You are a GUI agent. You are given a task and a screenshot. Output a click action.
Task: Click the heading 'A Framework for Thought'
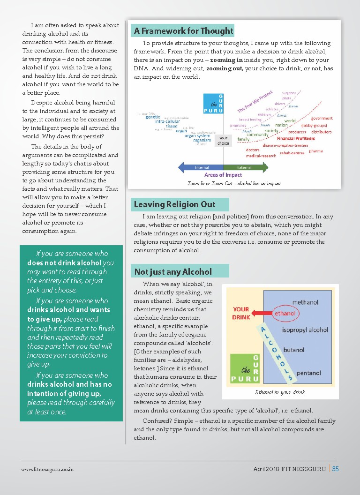(x=183, y=31)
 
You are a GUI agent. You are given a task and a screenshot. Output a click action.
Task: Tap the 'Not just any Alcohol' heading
(x=173, y=272)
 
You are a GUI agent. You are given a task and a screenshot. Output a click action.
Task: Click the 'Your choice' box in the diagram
(x=224, y=141)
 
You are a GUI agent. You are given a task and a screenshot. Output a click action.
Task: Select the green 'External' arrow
(x=246, y=167)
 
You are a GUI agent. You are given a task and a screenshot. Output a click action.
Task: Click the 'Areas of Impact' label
(x=223, y=175)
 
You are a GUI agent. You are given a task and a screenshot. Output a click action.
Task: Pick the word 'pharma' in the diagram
(x=315, y=151)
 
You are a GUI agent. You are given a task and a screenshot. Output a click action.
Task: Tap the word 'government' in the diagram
(x=322, y=118)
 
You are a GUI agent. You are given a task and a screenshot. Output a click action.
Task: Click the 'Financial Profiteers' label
(x=296, y=139)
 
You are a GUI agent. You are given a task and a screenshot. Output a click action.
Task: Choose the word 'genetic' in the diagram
(x=153, y=117)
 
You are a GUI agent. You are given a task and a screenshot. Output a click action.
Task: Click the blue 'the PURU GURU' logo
(x=213, y=104)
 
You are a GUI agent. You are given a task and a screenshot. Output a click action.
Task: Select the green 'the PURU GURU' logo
(x=245, y=369)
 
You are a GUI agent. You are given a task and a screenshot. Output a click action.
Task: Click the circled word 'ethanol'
(x=285, y=313)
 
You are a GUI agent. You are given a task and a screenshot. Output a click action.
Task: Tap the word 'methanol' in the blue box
(x=305, y=302)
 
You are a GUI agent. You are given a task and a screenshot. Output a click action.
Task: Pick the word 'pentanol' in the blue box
(x=309, y=373)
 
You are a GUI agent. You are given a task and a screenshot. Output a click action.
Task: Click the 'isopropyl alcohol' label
(x=305, y=330)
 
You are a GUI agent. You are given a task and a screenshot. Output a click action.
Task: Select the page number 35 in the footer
(x=335, y=469)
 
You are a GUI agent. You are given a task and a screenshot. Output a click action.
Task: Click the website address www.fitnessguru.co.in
(x=47, y=469)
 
